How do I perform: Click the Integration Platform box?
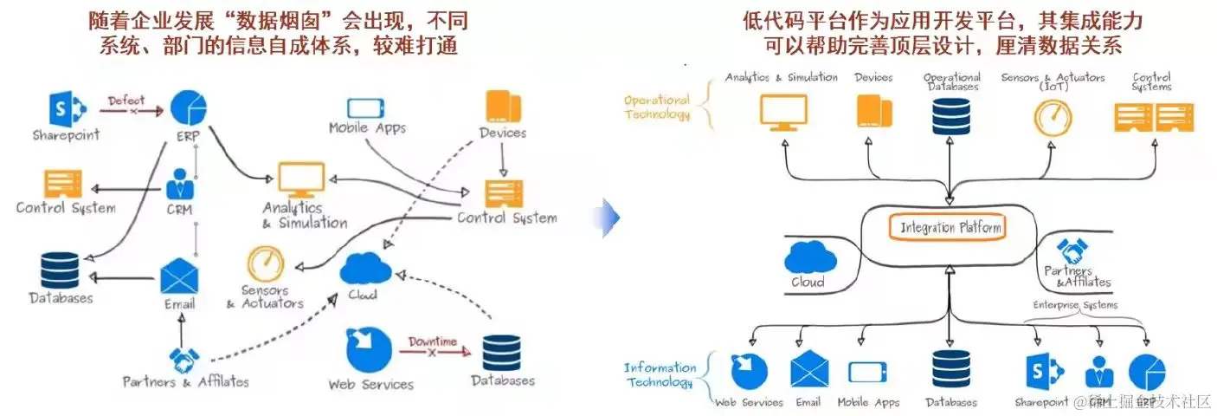(950, 229)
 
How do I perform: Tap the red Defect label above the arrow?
(126, 101)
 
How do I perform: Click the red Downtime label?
(432, 341)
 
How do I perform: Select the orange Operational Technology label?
(658, 107)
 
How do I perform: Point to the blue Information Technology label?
(660, 375)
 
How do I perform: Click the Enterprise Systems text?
(1075, 305)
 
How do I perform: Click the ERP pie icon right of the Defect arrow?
(188, 107)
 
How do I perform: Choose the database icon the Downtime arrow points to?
(502, 354)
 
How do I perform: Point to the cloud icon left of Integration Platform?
(810, 257)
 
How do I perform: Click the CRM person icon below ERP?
(182, 184)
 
